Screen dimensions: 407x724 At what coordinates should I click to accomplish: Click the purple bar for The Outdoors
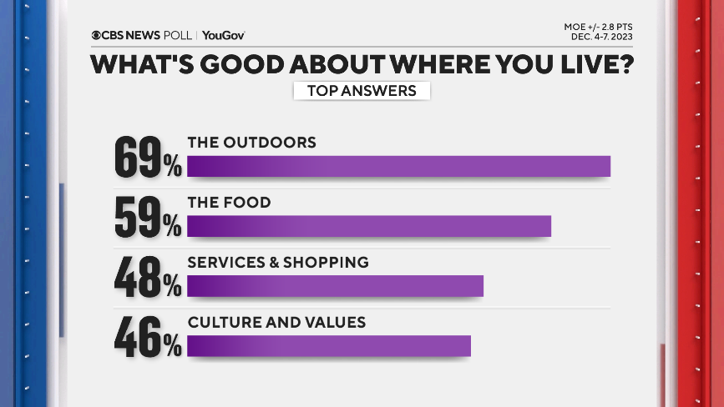pos(398,166)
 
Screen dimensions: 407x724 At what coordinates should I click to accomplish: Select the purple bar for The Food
pos(368,226)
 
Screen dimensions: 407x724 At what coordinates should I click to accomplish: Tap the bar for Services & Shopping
pos(335,286)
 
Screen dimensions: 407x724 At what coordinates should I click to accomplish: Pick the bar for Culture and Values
pos(328,345)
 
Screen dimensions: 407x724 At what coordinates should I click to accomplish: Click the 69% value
pos(148,158)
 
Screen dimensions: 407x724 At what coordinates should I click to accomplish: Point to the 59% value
pos(148,219)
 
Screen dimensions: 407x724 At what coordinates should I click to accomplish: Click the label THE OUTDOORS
pos(251,143)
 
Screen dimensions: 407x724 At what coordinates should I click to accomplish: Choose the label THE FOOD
pos(229,203)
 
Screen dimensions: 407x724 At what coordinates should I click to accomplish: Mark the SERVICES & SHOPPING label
pos(277,262)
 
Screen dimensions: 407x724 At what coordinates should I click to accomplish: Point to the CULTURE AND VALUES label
pos(276,322)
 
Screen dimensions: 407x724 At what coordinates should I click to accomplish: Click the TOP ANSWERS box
pos(362,91)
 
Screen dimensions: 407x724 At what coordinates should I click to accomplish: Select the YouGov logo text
pos(223,35)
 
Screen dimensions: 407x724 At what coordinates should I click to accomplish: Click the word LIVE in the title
pos(585,65)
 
